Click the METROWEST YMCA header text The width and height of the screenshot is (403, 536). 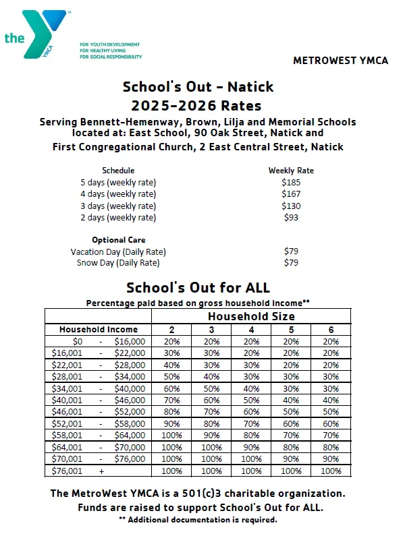(340, 60)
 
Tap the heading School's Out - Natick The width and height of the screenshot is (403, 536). (198, 87)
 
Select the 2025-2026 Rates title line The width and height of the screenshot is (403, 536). (197, 105)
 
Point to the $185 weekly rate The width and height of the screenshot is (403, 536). (290, 182)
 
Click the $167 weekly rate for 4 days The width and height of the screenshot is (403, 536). (290, 194)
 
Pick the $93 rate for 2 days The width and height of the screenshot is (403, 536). (290, 218)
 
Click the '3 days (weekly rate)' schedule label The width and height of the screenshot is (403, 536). (118, 206)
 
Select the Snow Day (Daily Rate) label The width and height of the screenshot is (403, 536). (118, 263)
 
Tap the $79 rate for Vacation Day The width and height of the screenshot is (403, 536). (291, 251)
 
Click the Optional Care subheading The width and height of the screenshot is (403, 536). (118, 239)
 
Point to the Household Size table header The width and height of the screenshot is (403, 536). (251, 316)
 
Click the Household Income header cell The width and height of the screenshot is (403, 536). (99, 330)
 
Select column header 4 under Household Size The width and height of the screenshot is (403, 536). (251, 330)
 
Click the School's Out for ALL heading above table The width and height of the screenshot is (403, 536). (197, 288)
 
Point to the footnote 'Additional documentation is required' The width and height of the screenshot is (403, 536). (197, 520)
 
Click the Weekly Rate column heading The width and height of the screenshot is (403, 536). (290, 171)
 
